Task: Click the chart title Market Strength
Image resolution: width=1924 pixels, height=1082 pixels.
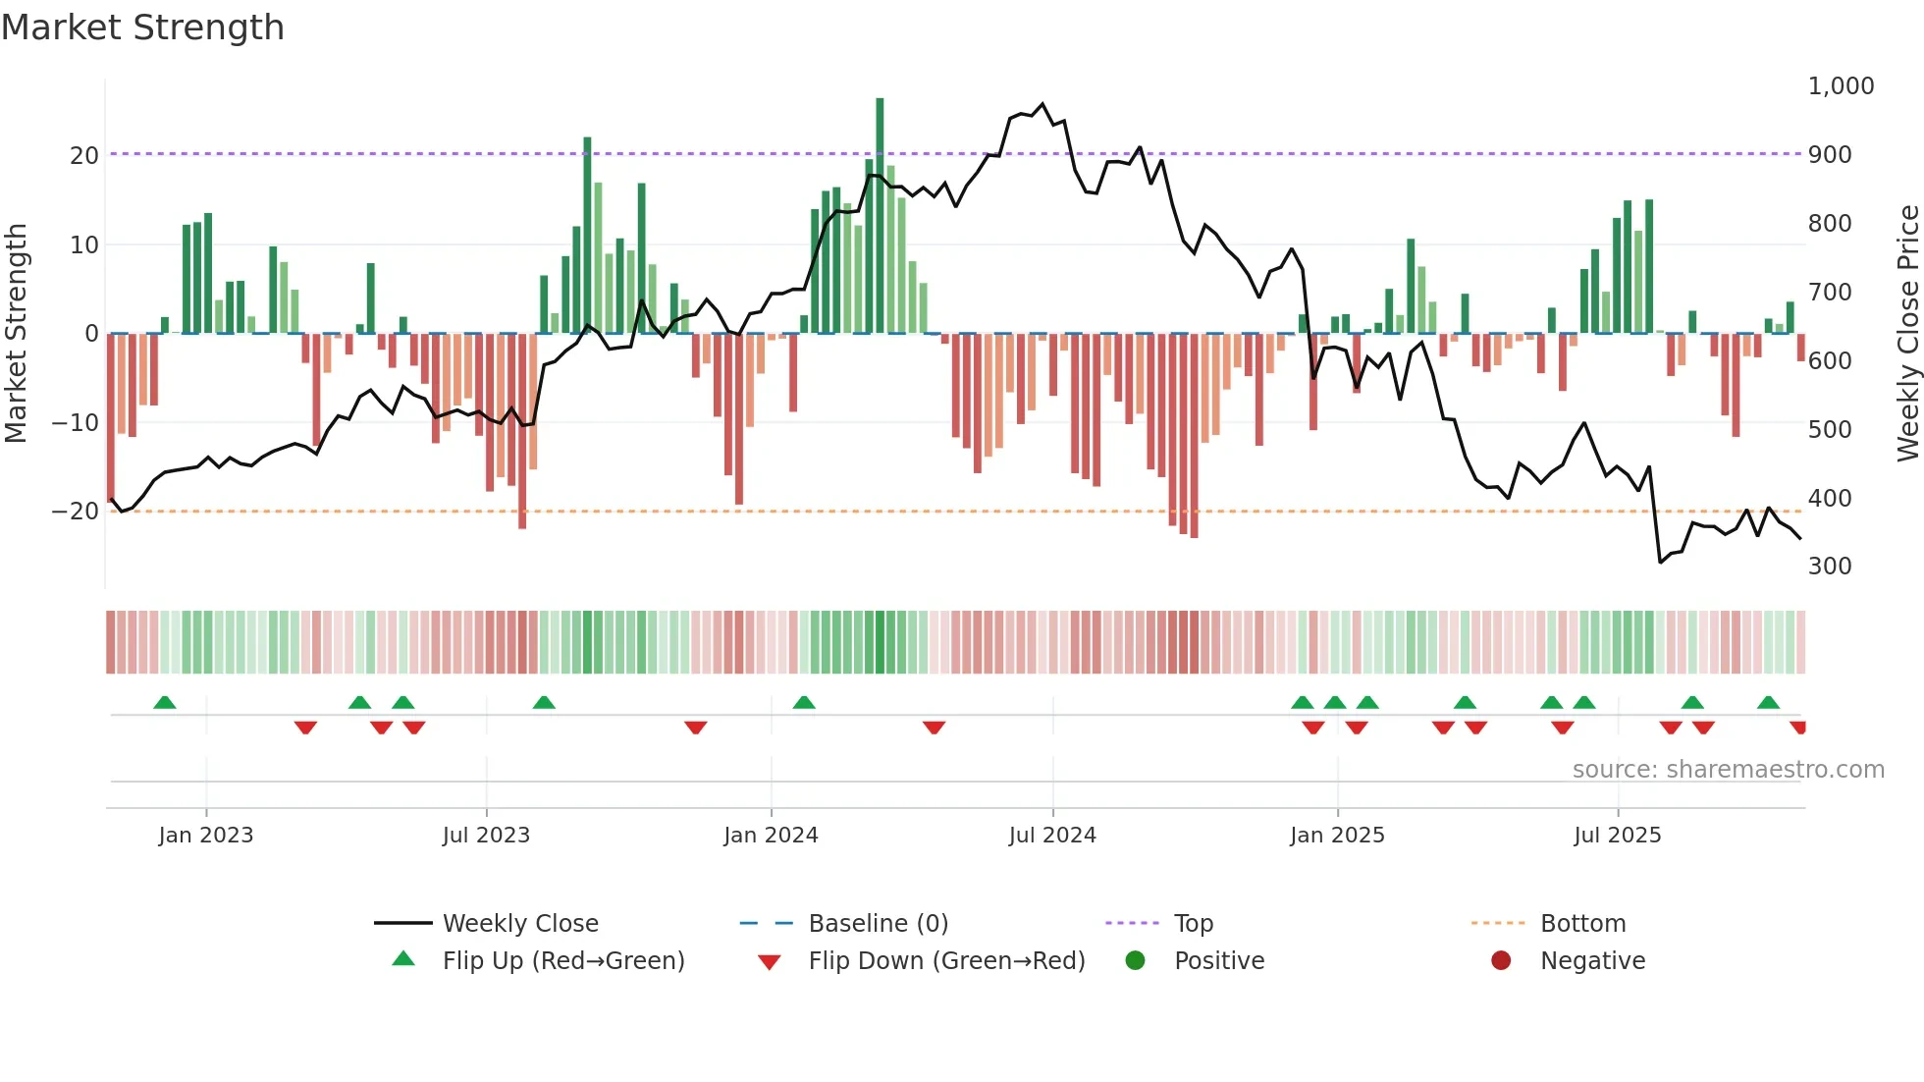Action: click(x=142, y=27)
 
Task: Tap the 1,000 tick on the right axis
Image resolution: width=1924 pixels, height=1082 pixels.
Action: click(x=1841, y=86)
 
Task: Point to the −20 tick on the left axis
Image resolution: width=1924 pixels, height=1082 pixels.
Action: click(x=76, y=512)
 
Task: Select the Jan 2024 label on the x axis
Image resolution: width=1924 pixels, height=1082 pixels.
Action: click(x=771, y=836)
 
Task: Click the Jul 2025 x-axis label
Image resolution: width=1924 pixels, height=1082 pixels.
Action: click(x=1617, y=836)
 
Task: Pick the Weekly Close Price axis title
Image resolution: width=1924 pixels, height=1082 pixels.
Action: click(x=1907, y=333)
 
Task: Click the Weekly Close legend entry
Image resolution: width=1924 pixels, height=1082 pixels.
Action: click(x=519, y=924)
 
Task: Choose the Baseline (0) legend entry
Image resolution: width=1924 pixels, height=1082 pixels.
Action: click(x=878, y=924)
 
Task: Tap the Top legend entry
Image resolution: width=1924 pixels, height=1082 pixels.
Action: click(x=1193, y=924)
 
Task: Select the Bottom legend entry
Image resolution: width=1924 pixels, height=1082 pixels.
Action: click(x=1582, y=924)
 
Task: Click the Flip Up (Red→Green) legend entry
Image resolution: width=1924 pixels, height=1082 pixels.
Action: click(x=562, y=961)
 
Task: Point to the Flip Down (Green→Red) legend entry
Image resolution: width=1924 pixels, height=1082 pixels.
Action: click(x=946, y=961)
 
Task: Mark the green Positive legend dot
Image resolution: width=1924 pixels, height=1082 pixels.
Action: click(x=1135, y=961)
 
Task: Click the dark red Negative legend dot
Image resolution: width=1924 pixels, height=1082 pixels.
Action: click(x=1501, y=961)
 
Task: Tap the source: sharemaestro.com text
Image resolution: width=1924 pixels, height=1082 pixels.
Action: click(x=1728, y=770)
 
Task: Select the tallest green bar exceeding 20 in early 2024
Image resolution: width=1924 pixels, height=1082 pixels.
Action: click(x=880, y=216)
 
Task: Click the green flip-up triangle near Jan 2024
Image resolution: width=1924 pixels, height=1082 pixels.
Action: click(x=804, y=702)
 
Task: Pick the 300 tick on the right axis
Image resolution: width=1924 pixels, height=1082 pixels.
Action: click(x=1830, y=567)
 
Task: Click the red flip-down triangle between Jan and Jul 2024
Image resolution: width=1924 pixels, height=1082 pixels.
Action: click(x=934, y=728)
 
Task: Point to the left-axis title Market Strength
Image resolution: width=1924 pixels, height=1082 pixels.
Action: click(x=16, y=333)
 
